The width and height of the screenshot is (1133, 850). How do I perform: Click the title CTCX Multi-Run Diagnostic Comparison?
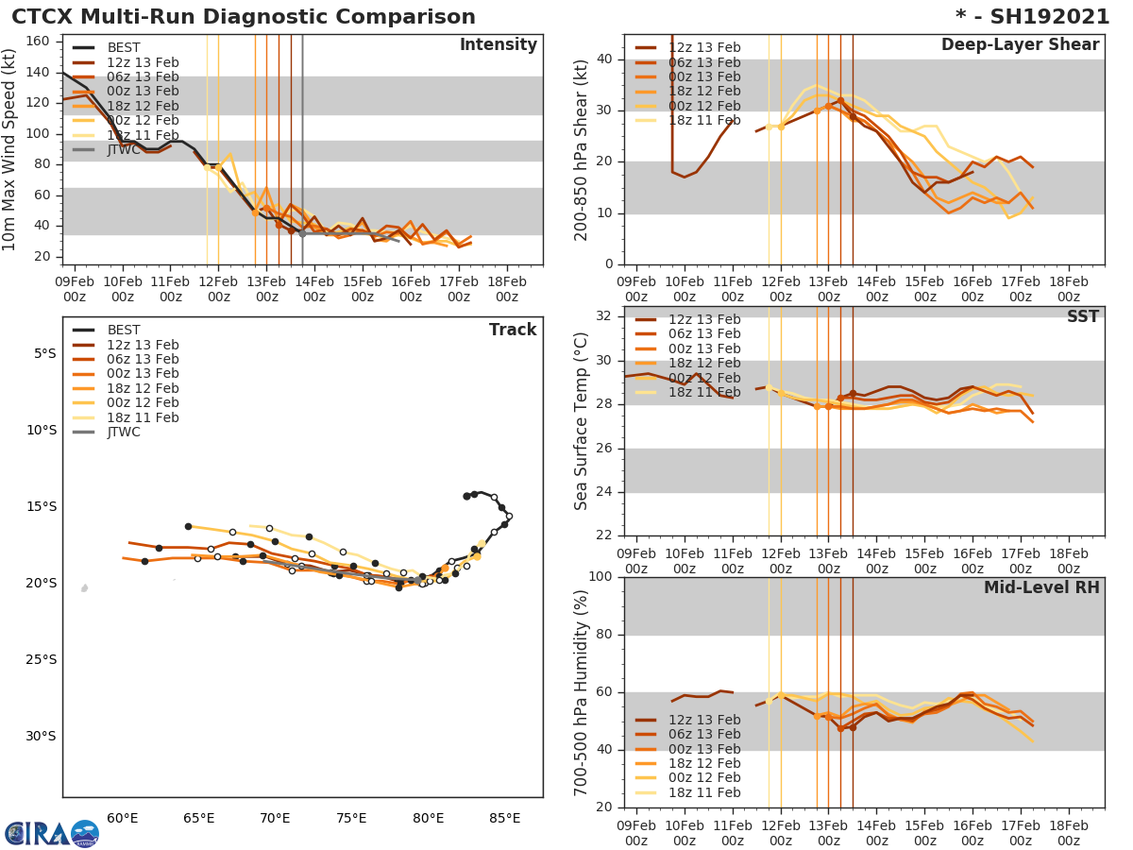(244, 17)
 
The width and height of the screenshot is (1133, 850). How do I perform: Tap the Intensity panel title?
(498, 45)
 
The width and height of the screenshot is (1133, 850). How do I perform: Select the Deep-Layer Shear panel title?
(1020, 45)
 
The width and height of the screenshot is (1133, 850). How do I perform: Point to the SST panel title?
(1082, 316)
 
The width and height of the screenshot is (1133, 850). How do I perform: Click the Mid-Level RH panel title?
(1041, 588)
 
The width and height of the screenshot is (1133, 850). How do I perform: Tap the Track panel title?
(512, 330)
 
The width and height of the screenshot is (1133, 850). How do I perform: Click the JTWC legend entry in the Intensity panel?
(124, 149)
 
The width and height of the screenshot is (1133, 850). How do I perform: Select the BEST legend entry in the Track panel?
(124, 330)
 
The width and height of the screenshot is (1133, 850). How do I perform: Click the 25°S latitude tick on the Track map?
(42, 659)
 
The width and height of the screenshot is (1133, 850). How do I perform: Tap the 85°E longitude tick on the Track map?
(505, 818)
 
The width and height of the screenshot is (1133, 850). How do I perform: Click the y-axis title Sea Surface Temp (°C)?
(582, 422)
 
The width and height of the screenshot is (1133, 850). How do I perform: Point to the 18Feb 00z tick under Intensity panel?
(506, 288)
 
